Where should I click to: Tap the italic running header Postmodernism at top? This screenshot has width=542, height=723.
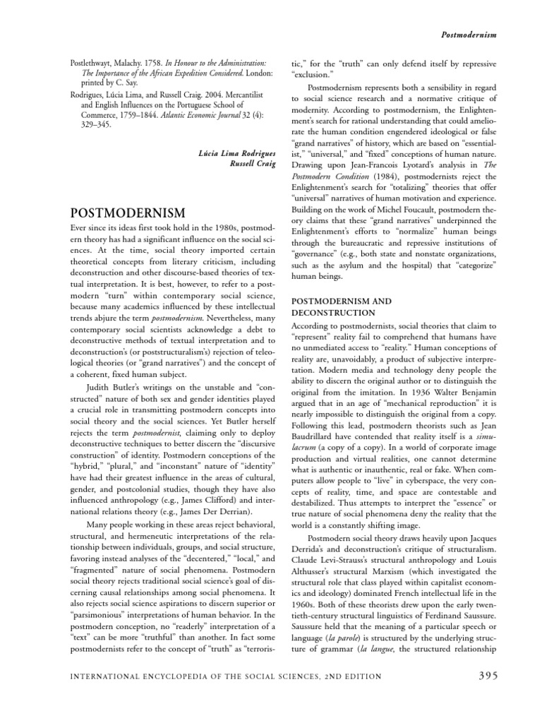(x=469, y=33)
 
